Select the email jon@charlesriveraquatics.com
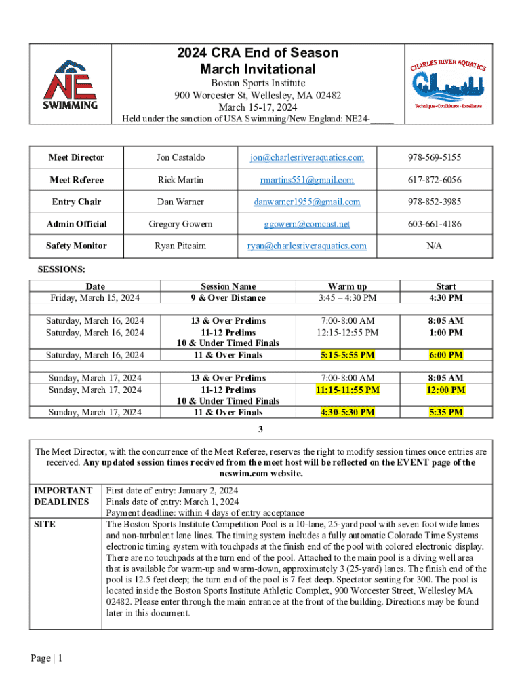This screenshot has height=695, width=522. (306, 157)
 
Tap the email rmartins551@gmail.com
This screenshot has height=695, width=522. (306, 180)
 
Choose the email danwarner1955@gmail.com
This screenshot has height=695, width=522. (306, 202)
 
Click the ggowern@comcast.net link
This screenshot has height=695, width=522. (306, 223)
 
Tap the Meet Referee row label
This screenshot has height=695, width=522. (77, 180)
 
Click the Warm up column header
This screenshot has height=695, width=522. (347, 286)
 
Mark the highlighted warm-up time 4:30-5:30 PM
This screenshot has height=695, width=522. (347, 412)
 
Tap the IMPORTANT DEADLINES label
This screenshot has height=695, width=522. (64, 495)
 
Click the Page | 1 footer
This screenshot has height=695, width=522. (47, 658)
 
